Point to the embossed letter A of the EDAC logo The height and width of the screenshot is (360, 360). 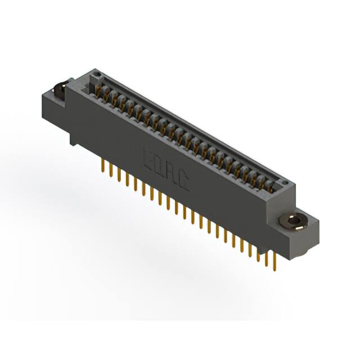tap(171, 172)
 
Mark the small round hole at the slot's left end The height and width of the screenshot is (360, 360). tap(97, 74)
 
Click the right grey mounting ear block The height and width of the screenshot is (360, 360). tap(298, 231)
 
